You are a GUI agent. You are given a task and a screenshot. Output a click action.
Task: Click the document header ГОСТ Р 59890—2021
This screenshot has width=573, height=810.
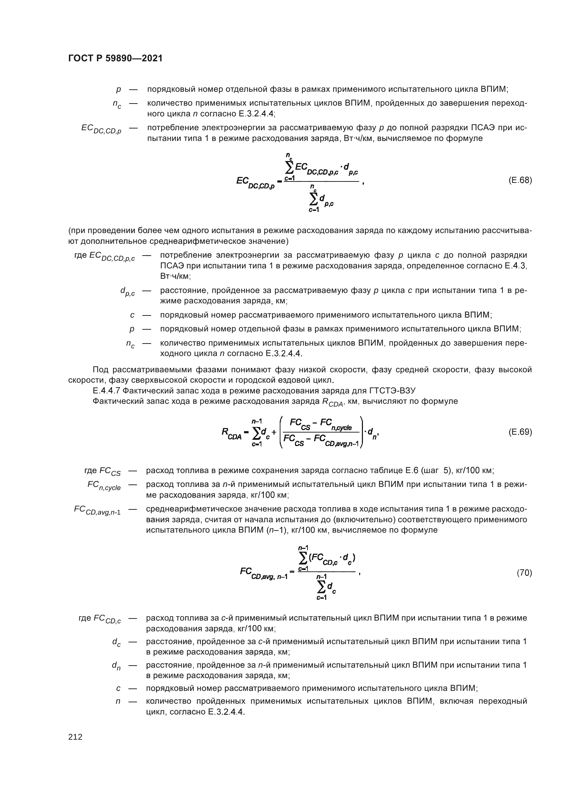tap(115, 59)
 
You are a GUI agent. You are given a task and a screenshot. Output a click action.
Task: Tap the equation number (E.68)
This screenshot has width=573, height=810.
tap(520, 180)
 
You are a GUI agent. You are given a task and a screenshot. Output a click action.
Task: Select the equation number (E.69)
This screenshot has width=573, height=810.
tap(520, 432)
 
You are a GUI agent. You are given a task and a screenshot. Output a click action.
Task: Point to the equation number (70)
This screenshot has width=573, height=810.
tap(524, 573)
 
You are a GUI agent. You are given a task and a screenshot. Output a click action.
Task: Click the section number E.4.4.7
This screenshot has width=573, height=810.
tap(106, 391)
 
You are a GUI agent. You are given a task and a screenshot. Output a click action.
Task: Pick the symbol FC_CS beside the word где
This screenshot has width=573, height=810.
tap(110, 471)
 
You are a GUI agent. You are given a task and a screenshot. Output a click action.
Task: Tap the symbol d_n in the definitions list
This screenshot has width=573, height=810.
tap(116, 666)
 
